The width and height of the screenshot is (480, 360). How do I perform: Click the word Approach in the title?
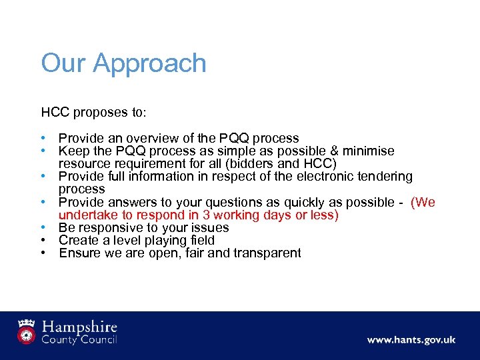[x=150, y=64]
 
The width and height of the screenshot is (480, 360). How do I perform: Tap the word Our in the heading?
[x=64, y=63]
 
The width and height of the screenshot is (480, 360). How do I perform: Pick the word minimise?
[x=373, y=151]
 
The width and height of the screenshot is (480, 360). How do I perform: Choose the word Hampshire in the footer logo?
[x=80, y=327]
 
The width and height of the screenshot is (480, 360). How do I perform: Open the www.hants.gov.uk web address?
[x=411, y=340]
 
